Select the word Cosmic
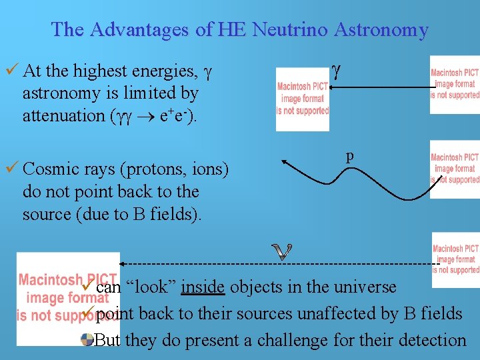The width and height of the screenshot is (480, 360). (x=51, y=169)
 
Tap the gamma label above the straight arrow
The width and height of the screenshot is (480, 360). (x=336, y=69)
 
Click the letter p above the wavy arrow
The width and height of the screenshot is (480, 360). (x=349, y=156)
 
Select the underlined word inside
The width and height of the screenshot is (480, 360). (x=203, y=287)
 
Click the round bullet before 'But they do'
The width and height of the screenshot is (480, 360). (x=87, y=340)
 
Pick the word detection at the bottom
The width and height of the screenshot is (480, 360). (x=431, y=340)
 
